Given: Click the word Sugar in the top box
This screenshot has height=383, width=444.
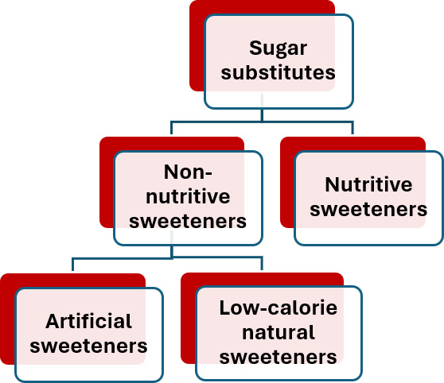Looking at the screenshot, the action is click(278, 49).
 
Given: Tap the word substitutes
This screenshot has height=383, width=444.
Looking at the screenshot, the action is click(278, 72).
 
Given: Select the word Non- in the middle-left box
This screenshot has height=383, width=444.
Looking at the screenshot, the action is click(188, 172).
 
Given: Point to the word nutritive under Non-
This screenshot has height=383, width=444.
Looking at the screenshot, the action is click(188, 196).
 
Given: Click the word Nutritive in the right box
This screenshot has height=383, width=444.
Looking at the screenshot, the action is click(368, 184).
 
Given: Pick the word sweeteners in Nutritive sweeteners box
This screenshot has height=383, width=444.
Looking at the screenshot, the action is click(368, 209).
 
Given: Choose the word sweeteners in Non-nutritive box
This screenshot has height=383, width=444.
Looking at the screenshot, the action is click(188, 221).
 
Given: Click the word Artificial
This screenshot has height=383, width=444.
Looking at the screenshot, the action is click(88, 321).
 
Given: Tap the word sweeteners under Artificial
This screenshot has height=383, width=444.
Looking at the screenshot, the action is click(88, 346).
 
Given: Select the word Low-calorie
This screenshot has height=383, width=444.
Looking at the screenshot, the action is click(278, 308).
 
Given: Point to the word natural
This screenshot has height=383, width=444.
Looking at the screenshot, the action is click(278, 332).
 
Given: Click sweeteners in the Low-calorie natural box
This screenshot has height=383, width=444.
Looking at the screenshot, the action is click(278, 357).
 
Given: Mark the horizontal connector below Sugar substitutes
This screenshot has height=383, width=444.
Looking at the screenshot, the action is click(262, 122).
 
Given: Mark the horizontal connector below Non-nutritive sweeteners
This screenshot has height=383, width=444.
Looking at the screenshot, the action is click(167, 258).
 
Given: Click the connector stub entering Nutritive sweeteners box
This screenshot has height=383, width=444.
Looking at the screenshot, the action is click(352, 128).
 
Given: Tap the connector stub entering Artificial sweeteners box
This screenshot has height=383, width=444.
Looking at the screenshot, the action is click(72, 265).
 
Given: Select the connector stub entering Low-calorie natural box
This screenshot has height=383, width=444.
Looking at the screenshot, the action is click(262, 264).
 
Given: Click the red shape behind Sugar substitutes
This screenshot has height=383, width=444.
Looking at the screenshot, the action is click(197, 45).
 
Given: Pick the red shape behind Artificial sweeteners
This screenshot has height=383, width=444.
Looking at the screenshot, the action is click(7, 319).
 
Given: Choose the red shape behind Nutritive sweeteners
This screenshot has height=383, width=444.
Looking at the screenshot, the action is click(287, 183).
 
